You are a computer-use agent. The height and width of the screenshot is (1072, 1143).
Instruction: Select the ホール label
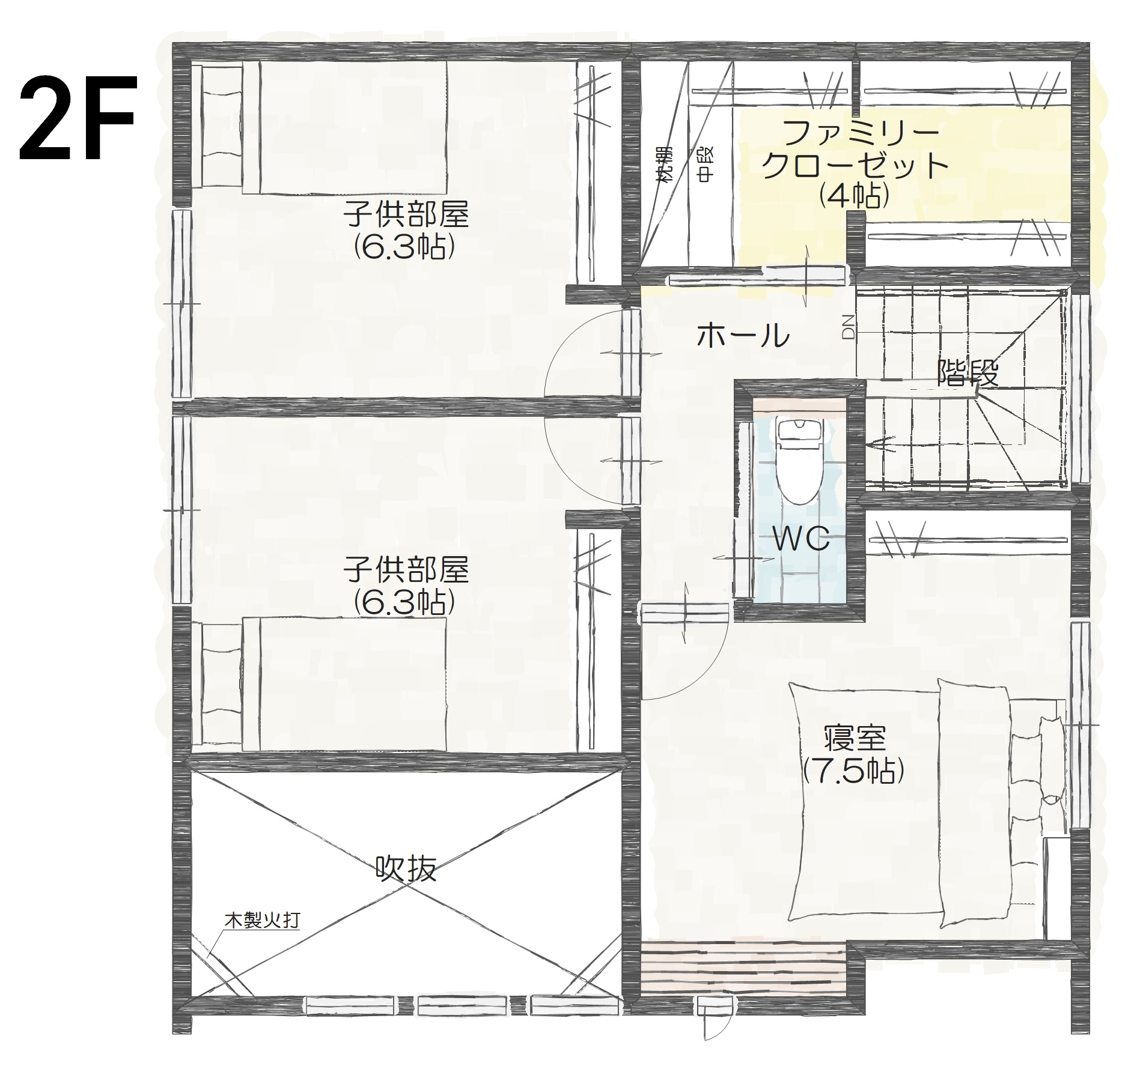[743, 335]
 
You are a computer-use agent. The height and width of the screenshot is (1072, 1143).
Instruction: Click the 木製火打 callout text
[262, 921]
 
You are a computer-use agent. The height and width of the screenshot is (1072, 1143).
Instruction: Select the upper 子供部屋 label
[406, 214]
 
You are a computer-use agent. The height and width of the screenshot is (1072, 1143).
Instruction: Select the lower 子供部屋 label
[406, 569]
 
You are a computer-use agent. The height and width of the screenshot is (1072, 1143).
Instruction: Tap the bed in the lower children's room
[320, 684]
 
